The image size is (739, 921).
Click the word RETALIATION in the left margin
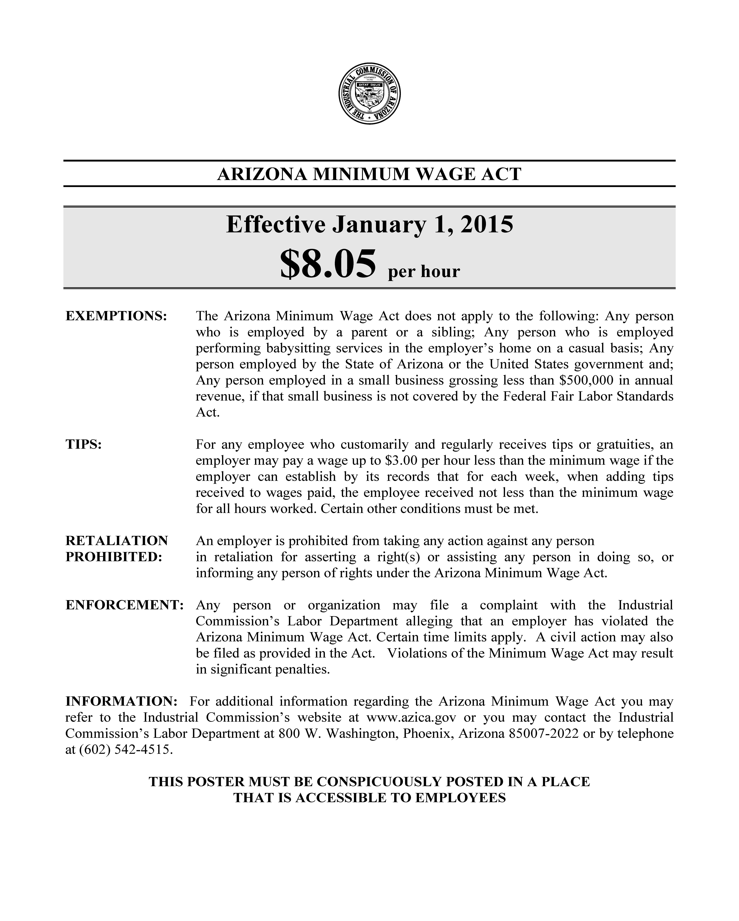pyautogui.click(x=117, y=541)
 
